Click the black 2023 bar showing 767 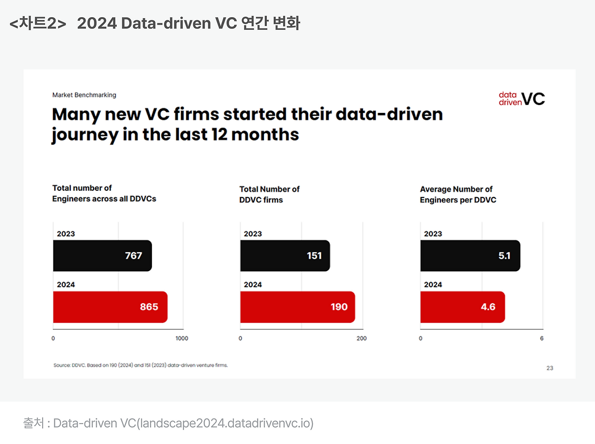102,255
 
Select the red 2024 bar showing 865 110,307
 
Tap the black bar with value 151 285,255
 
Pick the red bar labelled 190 297,307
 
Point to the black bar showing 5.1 470,255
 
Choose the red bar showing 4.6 463,307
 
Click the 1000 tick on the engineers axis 182,339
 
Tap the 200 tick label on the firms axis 362,339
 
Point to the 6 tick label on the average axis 542,339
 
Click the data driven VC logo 522,98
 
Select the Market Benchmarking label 84,95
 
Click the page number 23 550,368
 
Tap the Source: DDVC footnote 140,366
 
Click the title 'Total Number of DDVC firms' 269,195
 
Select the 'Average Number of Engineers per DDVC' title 458,195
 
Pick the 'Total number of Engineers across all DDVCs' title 104,193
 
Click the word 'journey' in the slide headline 85,135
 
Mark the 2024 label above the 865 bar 66,285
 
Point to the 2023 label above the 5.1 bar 433,234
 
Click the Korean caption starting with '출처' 168,423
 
